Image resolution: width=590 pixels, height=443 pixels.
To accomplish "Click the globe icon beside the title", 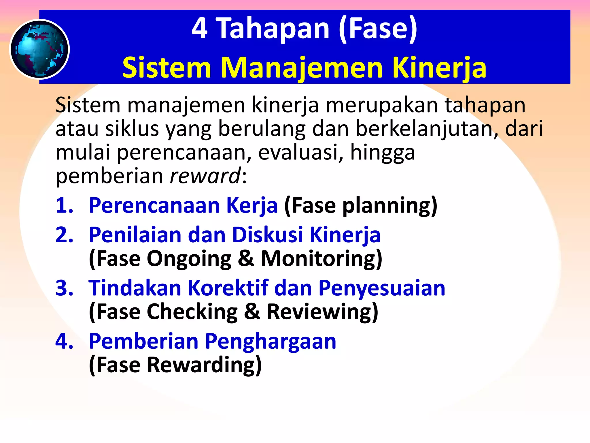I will point(39,49).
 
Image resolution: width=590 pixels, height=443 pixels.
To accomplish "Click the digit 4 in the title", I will point(199,28).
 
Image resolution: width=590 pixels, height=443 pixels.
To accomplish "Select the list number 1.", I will point(64,205).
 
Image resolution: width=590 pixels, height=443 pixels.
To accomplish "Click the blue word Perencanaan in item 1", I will point(154,205).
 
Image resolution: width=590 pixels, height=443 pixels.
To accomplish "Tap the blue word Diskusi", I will point(267,235).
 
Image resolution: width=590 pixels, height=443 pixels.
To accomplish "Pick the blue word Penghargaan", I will point(270,341).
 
